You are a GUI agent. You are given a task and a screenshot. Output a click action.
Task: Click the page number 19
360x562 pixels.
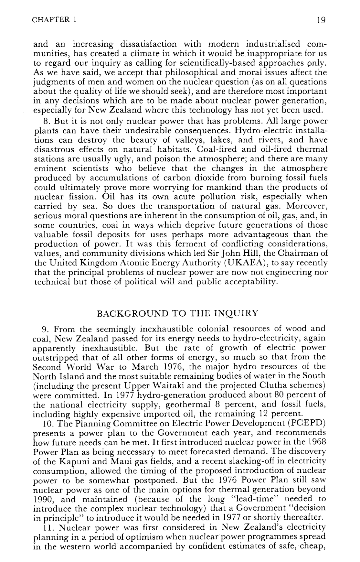321,20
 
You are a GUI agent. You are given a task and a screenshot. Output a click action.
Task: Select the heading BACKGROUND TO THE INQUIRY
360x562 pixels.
178,313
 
